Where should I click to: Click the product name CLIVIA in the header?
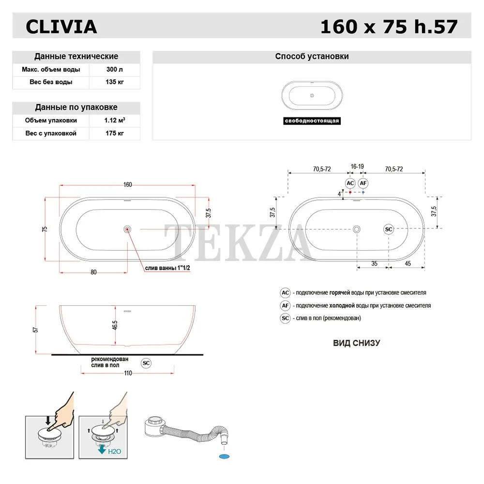point(61,27)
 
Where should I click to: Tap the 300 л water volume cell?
point(115,69)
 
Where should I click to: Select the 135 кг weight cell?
point(115,82)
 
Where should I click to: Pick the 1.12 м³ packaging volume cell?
point(115,121)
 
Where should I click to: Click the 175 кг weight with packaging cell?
point(115,134)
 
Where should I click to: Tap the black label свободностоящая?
point(312,121)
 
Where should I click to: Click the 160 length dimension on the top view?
point(127,184)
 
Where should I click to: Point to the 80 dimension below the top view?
point(93,272)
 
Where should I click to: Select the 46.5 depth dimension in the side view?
point(115,325)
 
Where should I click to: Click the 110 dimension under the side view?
point(128,373)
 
